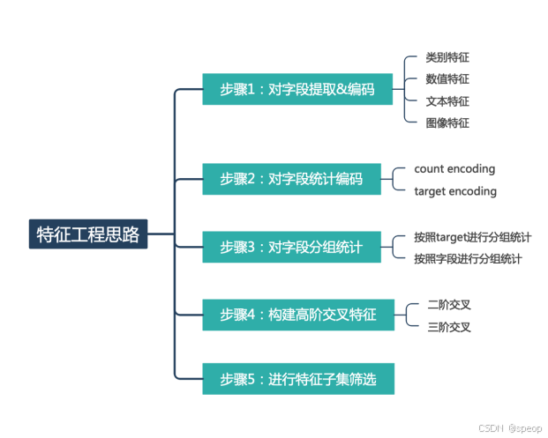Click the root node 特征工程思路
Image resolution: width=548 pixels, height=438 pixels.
point(88,234)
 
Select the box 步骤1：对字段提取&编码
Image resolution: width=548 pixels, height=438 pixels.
point(297,89)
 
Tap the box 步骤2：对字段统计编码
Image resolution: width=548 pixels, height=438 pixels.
point(291,179)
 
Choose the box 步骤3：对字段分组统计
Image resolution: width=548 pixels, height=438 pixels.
point(291,247)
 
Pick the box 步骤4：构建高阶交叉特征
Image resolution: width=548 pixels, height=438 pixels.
point(297,315)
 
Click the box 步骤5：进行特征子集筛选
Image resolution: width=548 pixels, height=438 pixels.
point(297,379)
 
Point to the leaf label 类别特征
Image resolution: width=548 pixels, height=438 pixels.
point(447,57)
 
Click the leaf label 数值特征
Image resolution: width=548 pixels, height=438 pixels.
point(447,79)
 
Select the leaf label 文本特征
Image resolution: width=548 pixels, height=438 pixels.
point(447,101)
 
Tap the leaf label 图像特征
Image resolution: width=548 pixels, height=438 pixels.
point(447,123)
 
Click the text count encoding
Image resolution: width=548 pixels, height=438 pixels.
point(454,168)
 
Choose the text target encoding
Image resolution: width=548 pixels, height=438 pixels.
point(455,191)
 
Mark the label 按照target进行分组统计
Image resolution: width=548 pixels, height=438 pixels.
point(472,237)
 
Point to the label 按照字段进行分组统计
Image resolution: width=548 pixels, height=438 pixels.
point(468,259)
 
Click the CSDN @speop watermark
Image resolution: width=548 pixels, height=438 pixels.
point(510,427)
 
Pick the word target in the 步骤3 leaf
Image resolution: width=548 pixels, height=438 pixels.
point(452,237)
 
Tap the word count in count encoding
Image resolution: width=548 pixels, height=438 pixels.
point(429,168)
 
